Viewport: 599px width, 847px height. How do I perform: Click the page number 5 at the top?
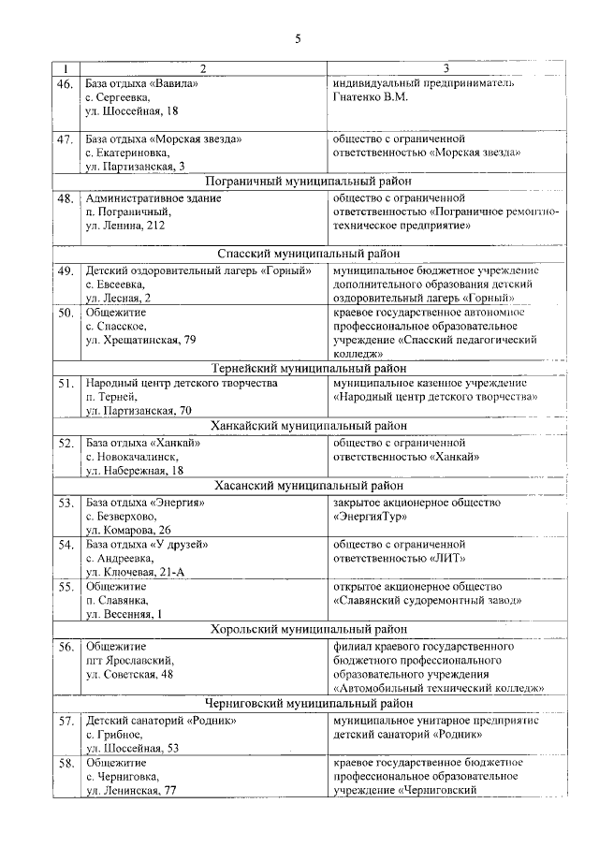point(298,38)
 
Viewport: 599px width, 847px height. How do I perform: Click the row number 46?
point(65,84)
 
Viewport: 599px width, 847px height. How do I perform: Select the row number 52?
point(65,444)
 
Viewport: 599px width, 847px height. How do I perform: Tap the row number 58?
point(65,763)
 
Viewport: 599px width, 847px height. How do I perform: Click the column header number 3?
point(446,69)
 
